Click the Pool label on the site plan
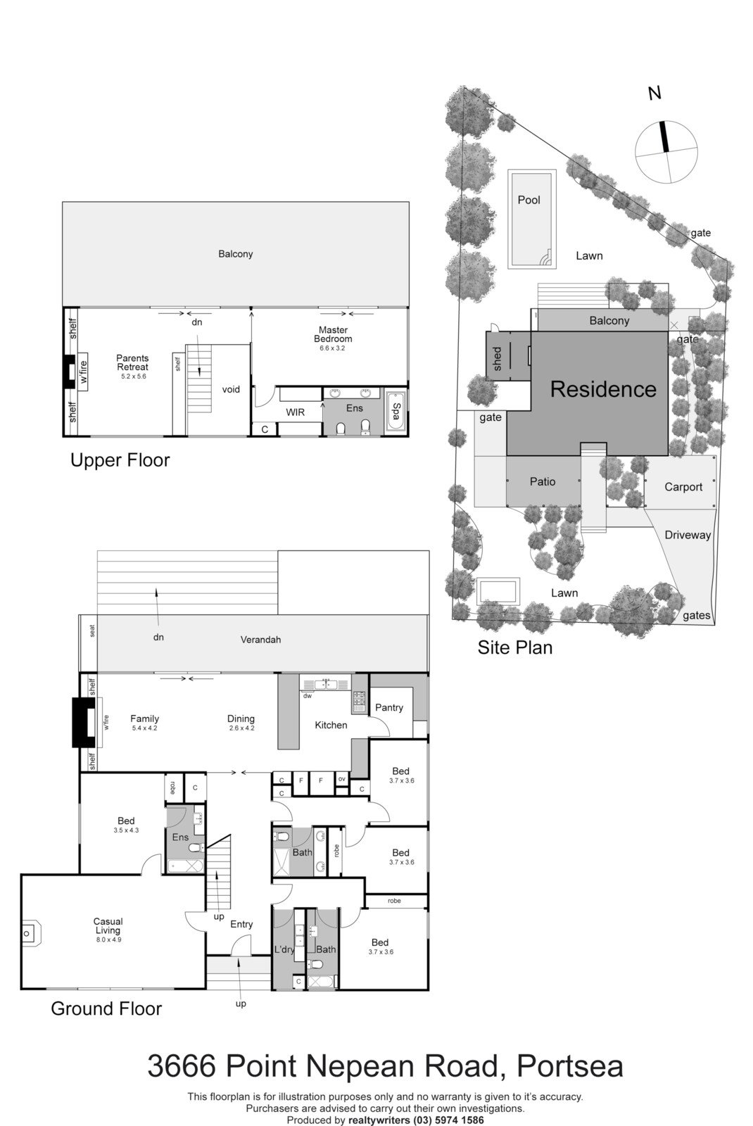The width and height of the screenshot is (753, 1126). click(529, 200)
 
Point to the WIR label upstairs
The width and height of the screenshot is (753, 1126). click(296, 412)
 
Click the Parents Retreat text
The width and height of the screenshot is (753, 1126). click(132, 363)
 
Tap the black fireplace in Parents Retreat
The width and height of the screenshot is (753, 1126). click(68, 371)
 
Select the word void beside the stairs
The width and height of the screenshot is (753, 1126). click(231, 390)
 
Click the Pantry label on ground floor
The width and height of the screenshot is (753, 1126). click(388, 708)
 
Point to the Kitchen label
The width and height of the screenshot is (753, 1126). click(331, 726)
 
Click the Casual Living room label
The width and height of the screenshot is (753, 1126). click(108, 926)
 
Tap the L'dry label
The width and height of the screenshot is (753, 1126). click(284, 949)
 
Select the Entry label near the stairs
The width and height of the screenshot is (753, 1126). click(241, 925)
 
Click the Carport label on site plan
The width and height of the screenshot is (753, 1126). click(683, 487)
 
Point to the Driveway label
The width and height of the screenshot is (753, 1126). click(688, 535)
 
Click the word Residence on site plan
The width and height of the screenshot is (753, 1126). click(603, 389)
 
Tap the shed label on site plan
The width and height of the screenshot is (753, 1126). click(498, 358)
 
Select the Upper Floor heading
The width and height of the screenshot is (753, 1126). click(120, 460)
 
